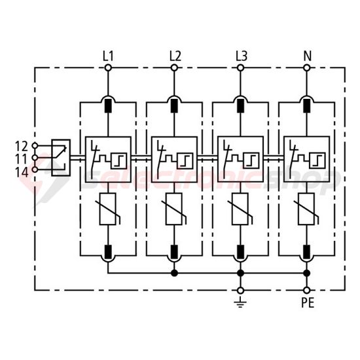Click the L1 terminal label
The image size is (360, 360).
pyautogui.click(x=109, y=56)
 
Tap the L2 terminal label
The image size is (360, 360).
pyautogui.click(x=175, y=56)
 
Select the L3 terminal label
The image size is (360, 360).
pyautogui.click(x=240, y=56)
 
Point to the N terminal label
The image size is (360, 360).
pyautogui.click(x=306, y=56)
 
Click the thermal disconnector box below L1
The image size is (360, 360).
pyautogui.click(x=109, y=158)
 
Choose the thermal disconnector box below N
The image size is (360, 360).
pyautogui.click(x=306, y=158)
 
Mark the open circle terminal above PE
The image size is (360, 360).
pyautogui.click(x=306, y=289)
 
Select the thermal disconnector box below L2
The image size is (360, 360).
pyautogui.click(x=174, y=158)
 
